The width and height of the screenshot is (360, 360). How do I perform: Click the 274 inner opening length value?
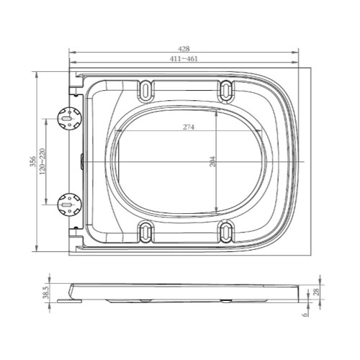pyautogui.click(x=189, y=127)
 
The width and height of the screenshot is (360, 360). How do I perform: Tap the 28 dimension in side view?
pyautogui.click(x=314, y=292)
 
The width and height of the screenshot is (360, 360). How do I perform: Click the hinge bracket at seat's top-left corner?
pyautogui.click(x=75, y=88)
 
